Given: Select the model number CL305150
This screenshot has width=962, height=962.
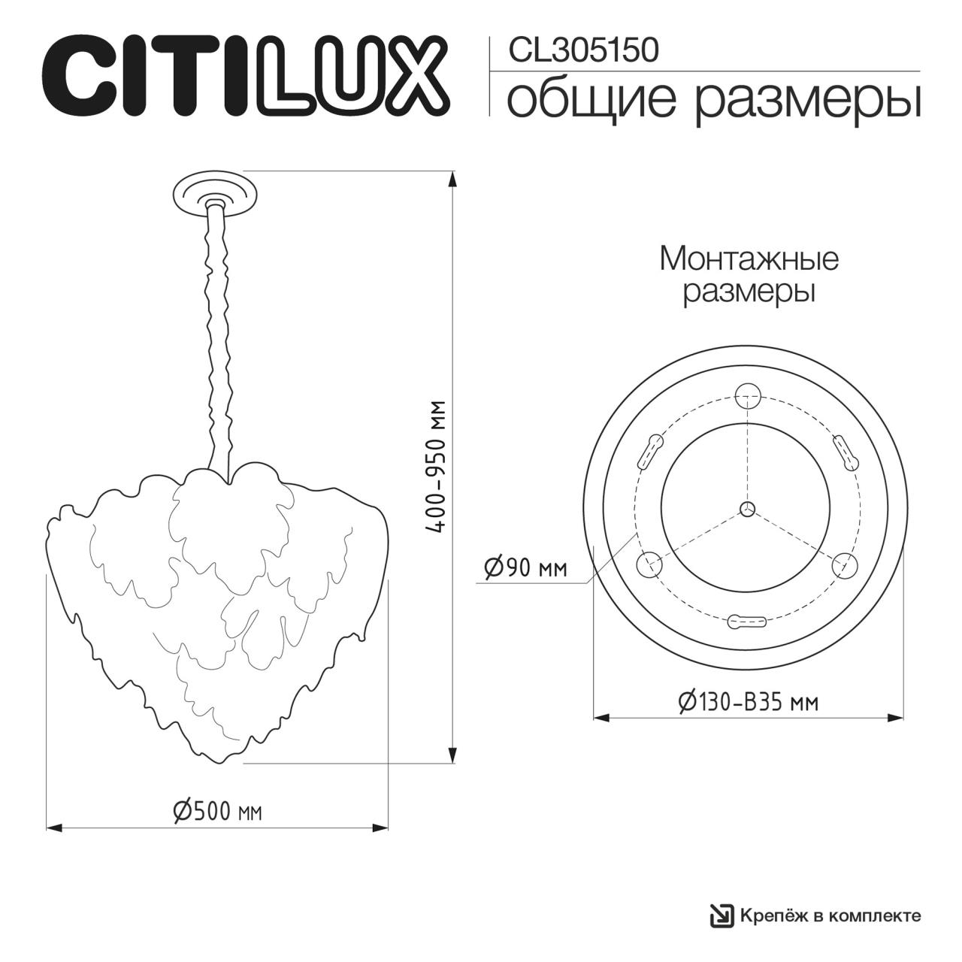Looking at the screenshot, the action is (x=583, y=51).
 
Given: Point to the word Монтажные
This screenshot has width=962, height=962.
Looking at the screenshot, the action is (x=749, y=259).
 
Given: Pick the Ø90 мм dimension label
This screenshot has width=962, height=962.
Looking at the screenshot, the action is (x=525, y=567).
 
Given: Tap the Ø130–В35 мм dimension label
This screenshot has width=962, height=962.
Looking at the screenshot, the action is (x=749, y=703).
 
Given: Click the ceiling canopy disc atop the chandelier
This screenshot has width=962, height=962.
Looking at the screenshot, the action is (x=215, y=195).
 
